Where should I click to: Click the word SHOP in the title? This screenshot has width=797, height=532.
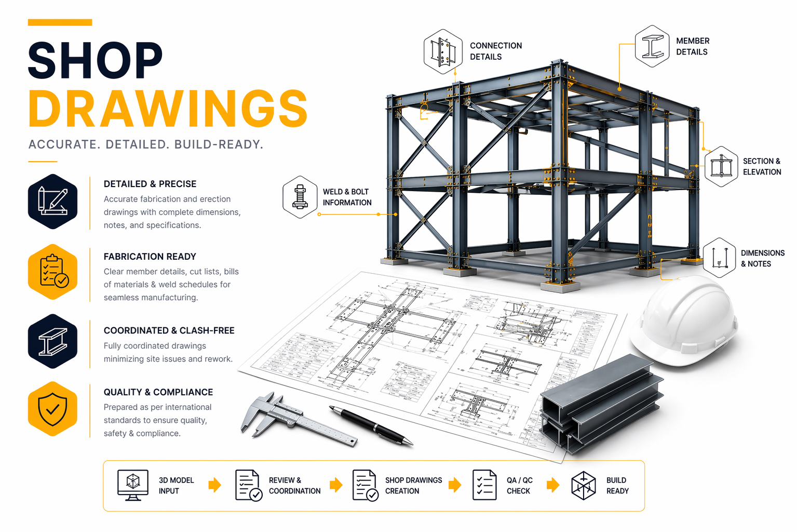(95, 61)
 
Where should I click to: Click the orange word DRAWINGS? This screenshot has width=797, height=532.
(168, 109)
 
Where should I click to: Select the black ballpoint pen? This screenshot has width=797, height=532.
(371, 425)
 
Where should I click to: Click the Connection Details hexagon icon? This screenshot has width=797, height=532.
(442, 52)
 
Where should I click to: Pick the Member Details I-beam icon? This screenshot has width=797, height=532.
(652, 46)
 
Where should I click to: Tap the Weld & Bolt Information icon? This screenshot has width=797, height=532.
(300, 197)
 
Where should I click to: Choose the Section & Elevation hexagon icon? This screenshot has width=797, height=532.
(721, 167)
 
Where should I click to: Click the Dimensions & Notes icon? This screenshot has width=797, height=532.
(719, 258)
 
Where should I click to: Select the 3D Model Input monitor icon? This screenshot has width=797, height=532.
(133, 485)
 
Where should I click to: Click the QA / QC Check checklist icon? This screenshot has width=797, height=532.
(484, 485)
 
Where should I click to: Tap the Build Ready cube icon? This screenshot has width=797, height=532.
(583, 485)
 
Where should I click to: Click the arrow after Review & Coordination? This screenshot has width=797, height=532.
(336, 485)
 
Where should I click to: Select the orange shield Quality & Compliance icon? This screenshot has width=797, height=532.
(52, 409)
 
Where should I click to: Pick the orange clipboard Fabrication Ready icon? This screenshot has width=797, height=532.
(52, 272)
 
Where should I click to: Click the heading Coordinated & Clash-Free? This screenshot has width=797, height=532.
(169, 330)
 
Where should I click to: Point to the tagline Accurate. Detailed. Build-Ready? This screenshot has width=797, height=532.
(146, 144)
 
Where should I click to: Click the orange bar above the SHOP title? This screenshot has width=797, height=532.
(60, 22)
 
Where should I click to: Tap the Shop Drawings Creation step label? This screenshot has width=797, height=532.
(413, 485)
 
